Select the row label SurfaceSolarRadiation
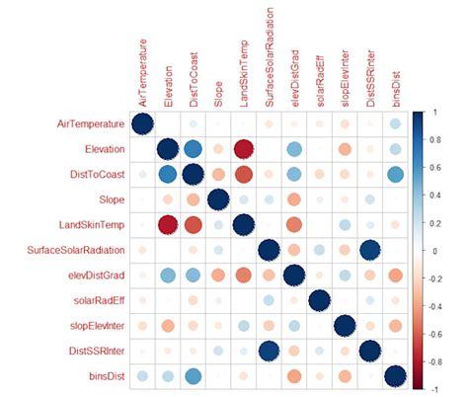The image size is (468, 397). click(62, 251)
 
